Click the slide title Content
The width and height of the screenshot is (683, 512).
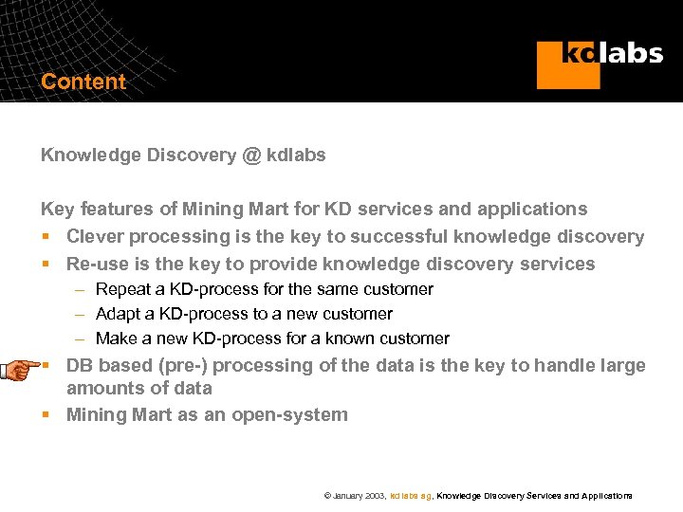83,82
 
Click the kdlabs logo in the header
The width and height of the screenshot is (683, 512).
600,63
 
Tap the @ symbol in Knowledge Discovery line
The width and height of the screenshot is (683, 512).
251,155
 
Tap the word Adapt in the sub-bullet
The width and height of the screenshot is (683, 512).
120,314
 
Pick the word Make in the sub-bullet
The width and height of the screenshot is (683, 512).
117,338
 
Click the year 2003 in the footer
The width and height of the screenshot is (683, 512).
375,496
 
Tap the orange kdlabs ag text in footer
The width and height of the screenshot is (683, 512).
411,496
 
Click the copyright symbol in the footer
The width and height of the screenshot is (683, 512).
327,496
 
